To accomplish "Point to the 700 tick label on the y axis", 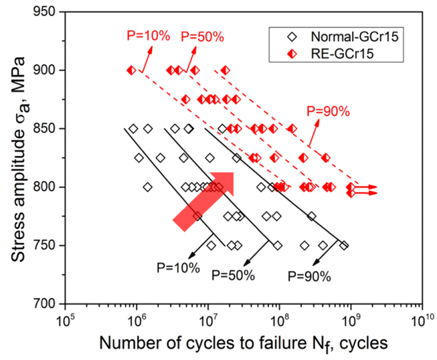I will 45,303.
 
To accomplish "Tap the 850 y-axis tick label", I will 45,129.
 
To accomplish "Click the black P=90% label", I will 309,275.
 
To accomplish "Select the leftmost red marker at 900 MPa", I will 131,70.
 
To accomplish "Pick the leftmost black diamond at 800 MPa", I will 148,187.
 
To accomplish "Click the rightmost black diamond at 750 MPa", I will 344,246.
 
